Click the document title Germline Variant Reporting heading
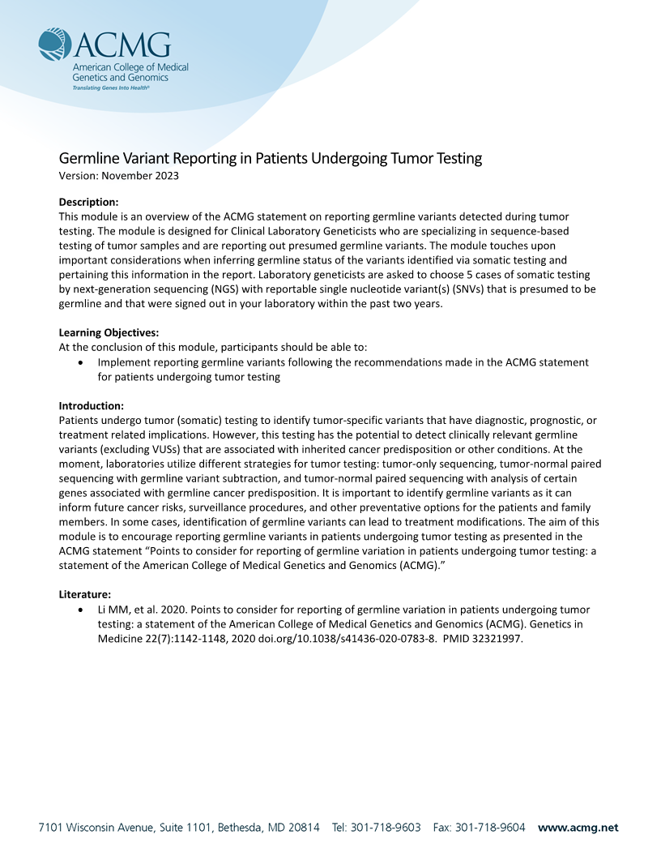click(271, 158)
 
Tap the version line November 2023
click(119, 175)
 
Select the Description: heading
click(89, 202)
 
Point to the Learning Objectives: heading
click(109, 332)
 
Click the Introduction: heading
click(92, 405)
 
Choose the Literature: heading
click(85, 594)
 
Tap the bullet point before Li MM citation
click(79, 610)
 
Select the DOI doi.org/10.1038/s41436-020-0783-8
click(348, 638)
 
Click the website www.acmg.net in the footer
click(578, 828)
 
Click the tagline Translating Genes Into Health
click(111, 87)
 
